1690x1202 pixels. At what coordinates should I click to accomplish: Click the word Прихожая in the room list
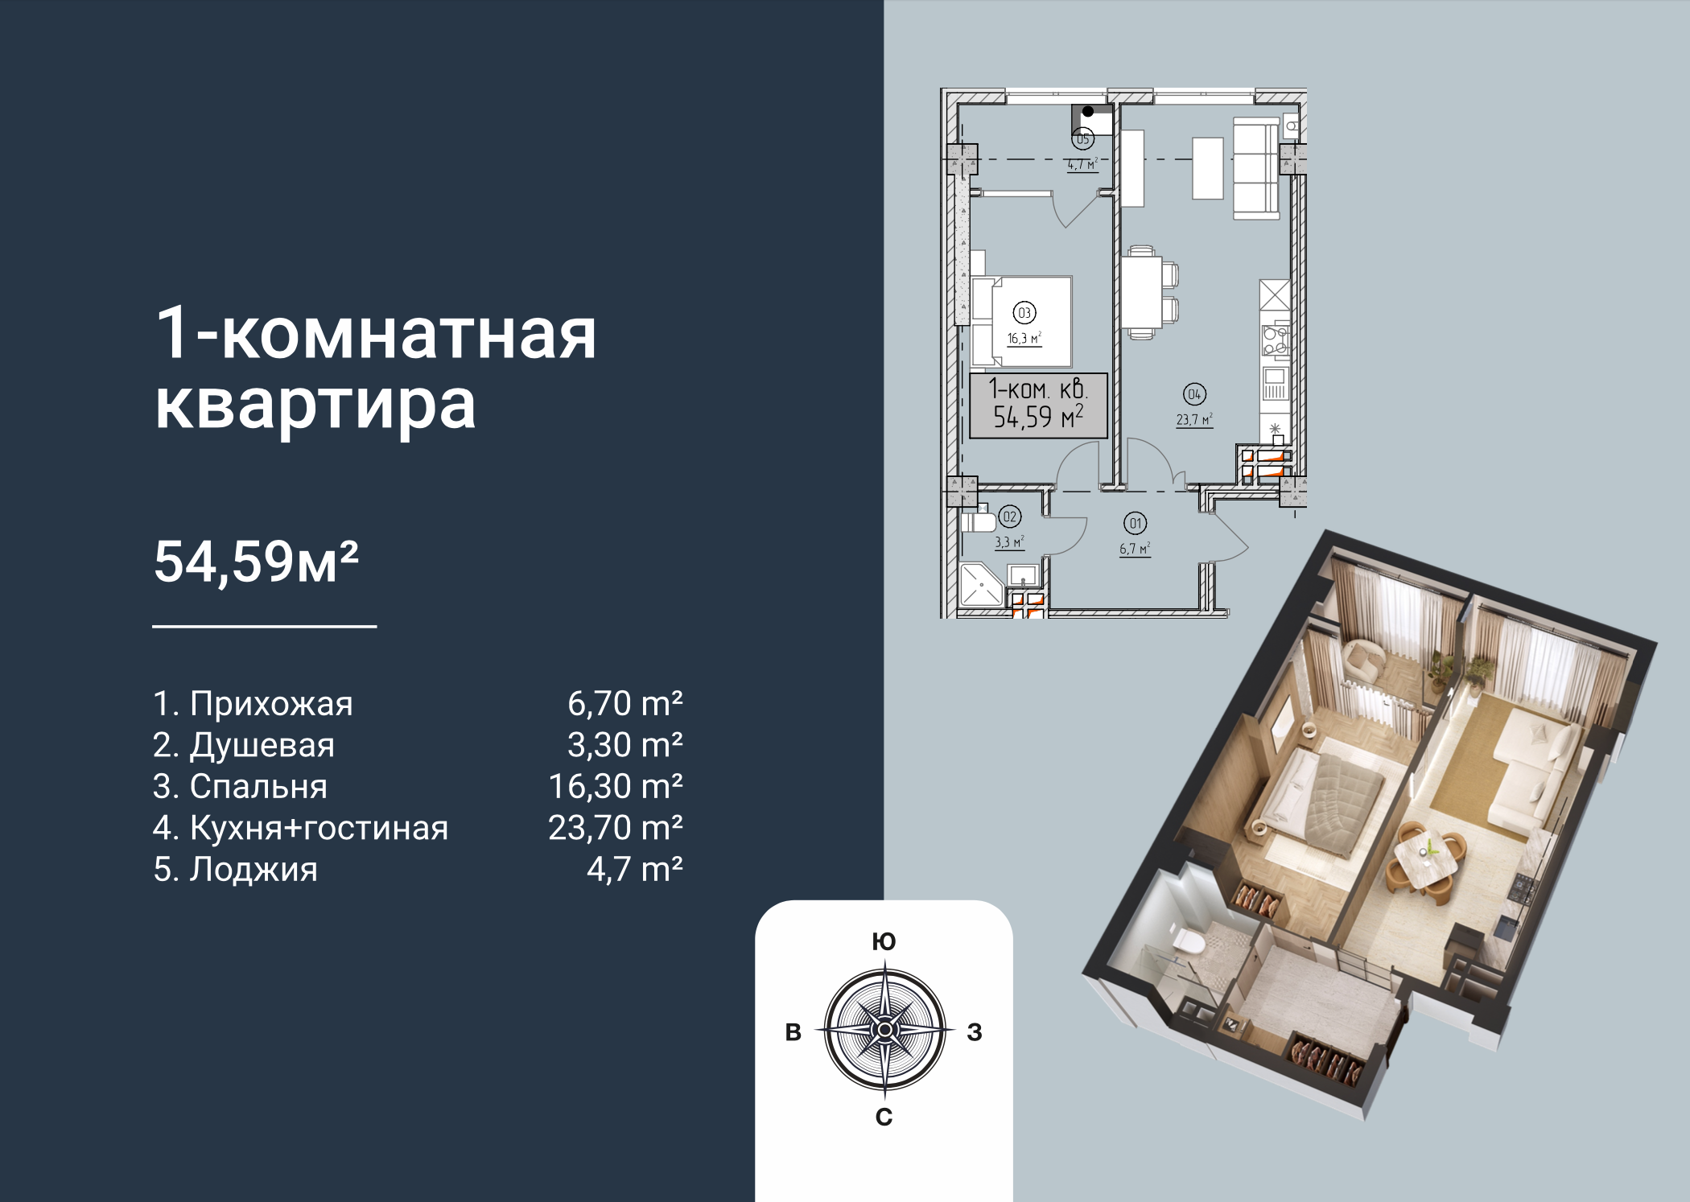point(271,704)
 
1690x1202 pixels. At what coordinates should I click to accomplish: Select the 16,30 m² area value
point(616,786)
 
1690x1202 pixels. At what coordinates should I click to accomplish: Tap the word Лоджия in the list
point(253,870)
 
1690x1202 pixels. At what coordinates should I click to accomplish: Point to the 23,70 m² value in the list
point(616,828)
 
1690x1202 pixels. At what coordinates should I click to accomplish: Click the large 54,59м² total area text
point(256,562)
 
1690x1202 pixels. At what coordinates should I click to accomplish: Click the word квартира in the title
point(315,405)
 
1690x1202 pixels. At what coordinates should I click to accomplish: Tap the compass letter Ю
point(884,942)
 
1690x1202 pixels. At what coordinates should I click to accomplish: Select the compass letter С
point(884,1117)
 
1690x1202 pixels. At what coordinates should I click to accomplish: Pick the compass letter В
point(793,1032)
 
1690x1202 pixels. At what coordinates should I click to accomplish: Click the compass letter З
point(975,1032)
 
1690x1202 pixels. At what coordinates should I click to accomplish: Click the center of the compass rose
point(884,1030)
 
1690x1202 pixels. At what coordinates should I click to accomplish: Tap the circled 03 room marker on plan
point(1024,313)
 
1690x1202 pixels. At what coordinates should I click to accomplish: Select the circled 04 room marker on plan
point(1194,394)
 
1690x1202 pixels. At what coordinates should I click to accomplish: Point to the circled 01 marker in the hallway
point(1136,524)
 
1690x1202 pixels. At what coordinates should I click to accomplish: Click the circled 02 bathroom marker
point(1010,517)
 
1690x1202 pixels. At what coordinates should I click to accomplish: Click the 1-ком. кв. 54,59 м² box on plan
point(1038,405)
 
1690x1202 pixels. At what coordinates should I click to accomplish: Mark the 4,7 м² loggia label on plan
point(1082,165)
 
